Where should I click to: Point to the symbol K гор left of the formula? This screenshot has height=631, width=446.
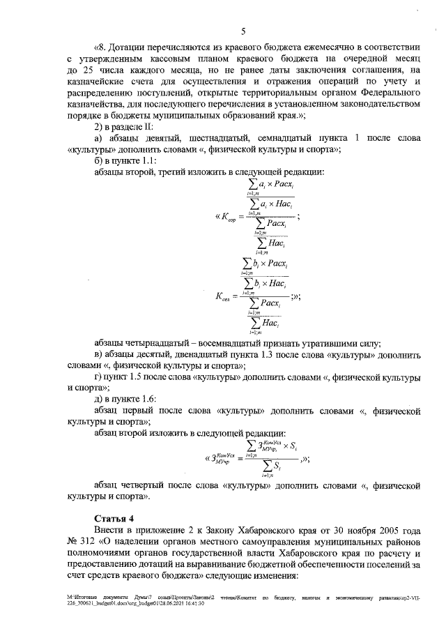click(227, 218)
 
